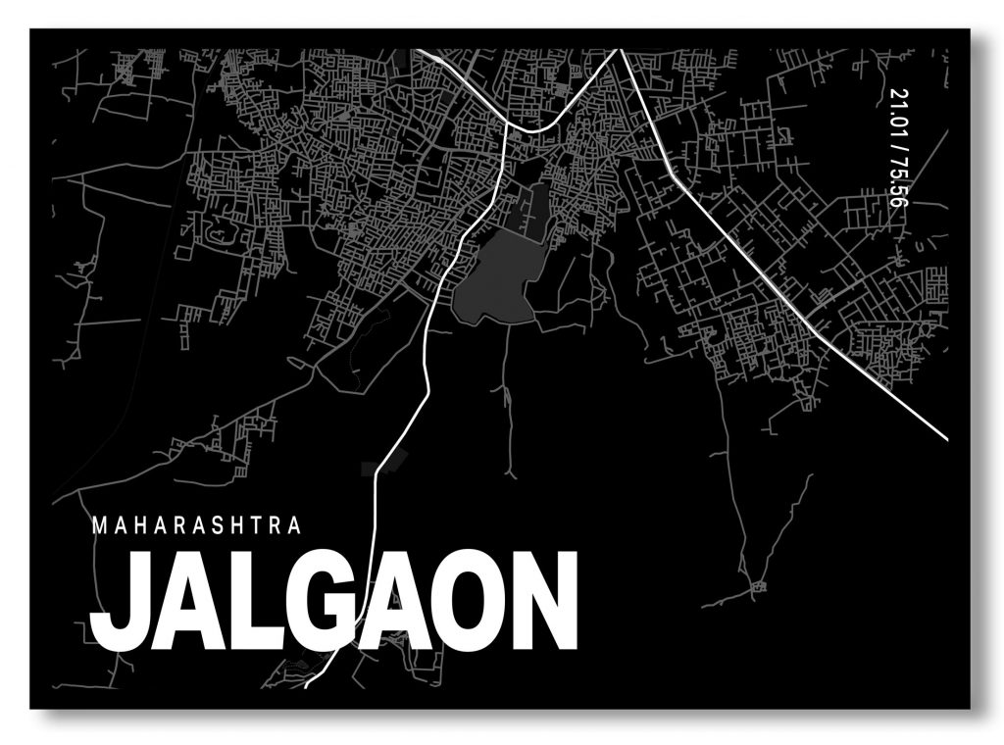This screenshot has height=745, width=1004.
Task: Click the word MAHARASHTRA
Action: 196,525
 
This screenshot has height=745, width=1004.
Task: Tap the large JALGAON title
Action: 333,602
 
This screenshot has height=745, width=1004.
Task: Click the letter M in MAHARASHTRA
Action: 98,525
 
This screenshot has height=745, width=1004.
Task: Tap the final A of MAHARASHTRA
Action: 293,525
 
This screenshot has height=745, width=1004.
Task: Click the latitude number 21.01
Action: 898,110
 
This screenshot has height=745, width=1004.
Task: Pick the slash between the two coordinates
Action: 898,144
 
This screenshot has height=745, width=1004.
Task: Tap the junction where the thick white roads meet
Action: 506,125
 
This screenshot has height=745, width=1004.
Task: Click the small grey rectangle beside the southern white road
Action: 371,468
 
